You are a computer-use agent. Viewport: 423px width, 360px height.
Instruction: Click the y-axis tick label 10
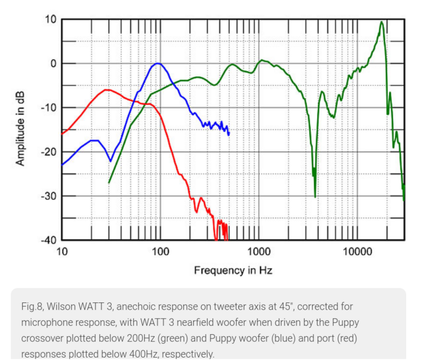coord(50,19)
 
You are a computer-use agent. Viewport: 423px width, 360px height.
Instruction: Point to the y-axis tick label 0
coord(52,64)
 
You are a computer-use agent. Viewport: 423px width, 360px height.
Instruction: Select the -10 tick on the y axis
coord(48,108)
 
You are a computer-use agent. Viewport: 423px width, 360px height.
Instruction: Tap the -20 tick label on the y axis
coord(48,152)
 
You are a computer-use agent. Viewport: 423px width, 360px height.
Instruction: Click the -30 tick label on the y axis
coord(48,196)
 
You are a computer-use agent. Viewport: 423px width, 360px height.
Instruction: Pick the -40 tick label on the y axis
coord(48,240)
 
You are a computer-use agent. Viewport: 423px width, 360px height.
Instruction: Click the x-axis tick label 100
coord(160,252)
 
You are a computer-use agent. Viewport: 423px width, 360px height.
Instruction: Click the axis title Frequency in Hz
coord(233,271)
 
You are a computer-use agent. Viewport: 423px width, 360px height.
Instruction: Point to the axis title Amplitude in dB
coord(20,129)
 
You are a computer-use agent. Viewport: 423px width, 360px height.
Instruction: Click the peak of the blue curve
coord(158,63)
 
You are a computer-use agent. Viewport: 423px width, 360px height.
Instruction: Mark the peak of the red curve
coord(106,90)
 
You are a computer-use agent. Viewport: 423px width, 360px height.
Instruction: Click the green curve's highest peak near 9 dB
coord(381,22)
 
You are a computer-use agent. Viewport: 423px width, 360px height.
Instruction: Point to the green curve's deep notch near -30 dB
coord(314,196)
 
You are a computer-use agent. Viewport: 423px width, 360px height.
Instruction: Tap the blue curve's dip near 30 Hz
coord(110,160)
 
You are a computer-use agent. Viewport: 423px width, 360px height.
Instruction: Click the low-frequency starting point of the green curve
coord(109,182)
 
